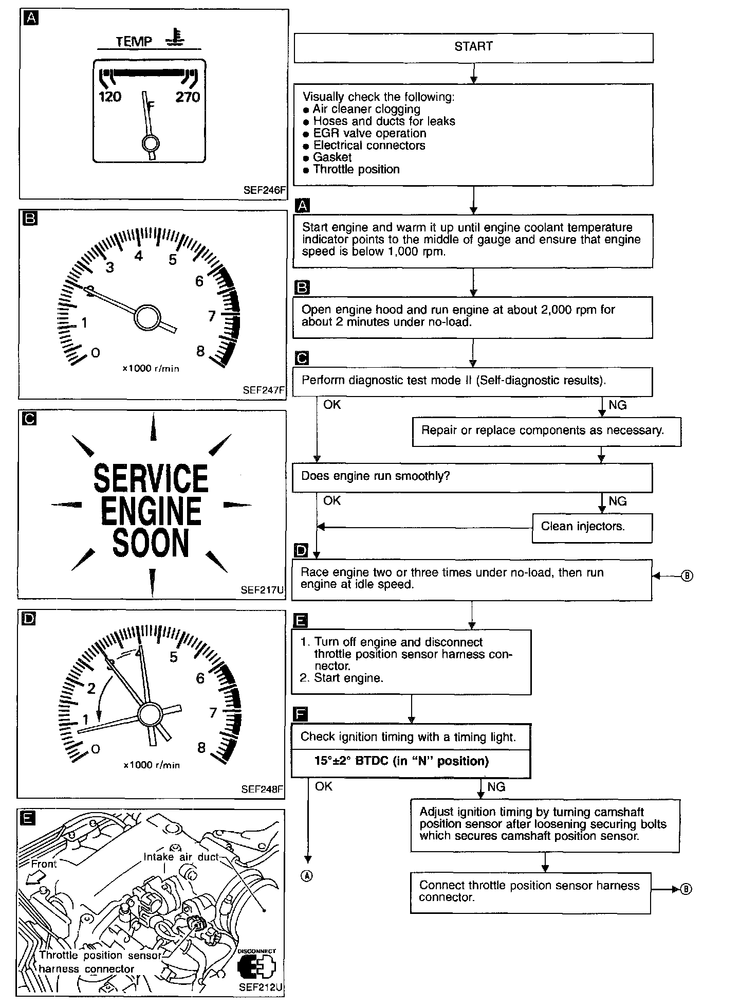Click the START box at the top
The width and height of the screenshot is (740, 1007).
coord(473,47)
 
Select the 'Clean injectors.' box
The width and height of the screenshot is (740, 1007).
coord(591,527)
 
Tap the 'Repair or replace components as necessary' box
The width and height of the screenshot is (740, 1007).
coord(546,431)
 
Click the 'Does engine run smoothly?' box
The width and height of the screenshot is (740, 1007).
coord(472,477)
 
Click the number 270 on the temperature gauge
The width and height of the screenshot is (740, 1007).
coord(188,97)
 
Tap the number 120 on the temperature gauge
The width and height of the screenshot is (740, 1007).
coord(109,97)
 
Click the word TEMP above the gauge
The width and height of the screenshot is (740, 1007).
coord(134,42)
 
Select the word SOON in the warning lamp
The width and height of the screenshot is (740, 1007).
coord(151,543)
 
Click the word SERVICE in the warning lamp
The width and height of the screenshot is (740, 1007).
coord(151,478)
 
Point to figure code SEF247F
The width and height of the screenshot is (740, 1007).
coord(263,390)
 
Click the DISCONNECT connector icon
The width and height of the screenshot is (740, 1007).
coord(256,967)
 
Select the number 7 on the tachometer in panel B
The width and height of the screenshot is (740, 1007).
coord(212,316)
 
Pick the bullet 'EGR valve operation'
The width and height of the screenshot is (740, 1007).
coord(369,133)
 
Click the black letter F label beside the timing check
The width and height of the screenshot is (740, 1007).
coord(301,714)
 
